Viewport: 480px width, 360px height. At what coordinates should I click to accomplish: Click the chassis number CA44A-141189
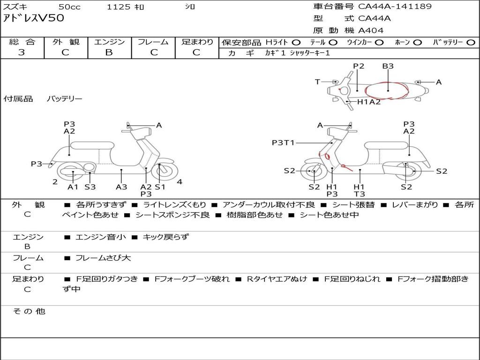tap(395, 7)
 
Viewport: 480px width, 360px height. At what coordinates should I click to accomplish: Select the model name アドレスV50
tap(34, 18)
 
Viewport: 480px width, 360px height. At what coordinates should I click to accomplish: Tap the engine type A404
tap(371, 30)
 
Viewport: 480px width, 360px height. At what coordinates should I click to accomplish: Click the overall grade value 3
tap(22, 52)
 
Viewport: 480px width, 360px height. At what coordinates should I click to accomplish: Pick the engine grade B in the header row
tap(109, 52)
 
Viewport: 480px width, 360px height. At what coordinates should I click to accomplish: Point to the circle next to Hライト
tap(296, 43)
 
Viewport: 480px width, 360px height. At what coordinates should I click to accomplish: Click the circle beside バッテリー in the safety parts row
tap(471, 43)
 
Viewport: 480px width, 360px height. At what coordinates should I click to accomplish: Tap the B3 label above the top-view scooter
tap(388, 66)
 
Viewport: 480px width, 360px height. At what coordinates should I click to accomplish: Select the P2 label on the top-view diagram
tap(359, 66)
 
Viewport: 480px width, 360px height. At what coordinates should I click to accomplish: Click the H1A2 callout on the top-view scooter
tap(369, 102)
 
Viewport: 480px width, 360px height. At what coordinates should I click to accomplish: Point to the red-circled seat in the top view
tap(387, 90)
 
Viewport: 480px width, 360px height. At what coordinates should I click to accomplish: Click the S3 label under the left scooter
tap(90, 187)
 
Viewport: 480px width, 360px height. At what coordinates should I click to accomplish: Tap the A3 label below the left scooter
tap(121, 187)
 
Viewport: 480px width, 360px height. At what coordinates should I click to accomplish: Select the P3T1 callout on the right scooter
tap(283, 142)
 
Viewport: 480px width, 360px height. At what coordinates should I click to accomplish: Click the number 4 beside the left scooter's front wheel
tap(180, 182)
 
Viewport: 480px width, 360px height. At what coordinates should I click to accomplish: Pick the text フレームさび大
tap(103, 258)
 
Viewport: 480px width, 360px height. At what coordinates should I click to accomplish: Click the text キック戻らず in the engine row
tap(165, 237)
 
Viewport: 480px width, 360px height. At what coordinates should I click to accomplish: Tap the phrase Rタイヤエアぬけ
tap(277, 279)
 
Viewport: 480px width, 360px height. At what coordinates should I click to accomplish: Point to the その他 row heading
tap(29, 311)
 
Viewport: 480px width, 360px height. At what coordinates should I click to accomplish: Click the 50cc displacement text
tap(69, 7)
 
